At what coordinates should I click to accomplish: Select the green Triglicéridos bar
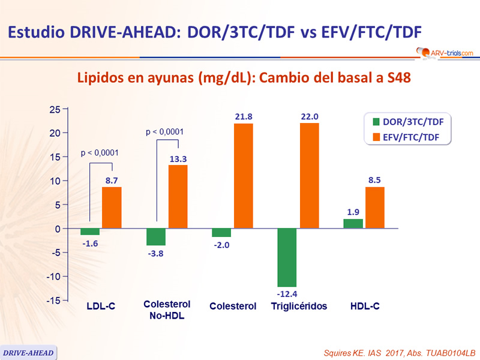click(x=287, y=257)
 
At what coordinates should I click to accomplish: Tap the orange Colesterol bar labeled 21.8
click(x=244, y=176)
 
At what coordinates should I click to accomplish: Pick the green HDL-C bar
click(x=353, y=223)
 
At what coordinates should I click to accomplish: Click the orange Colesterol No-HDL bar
click(x=178, y=196)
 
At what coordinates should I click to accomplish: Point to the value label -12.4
click(x=287, y=294)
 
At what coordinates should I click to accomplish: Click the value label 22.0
click(x=309, y=117)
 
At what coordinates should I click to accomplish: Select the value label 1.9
click(x=353, y=212)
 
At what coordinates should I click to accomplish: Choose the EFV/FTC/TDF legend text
click(x=411, y=137)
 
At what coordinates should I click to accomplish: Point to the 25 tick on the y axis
click(x=55, y=109)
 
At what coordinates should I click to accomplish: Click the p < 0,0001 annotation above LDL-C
click(x=100, y=153)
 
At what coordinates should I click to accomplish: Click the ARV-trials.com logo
click(x=443, y=53)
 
